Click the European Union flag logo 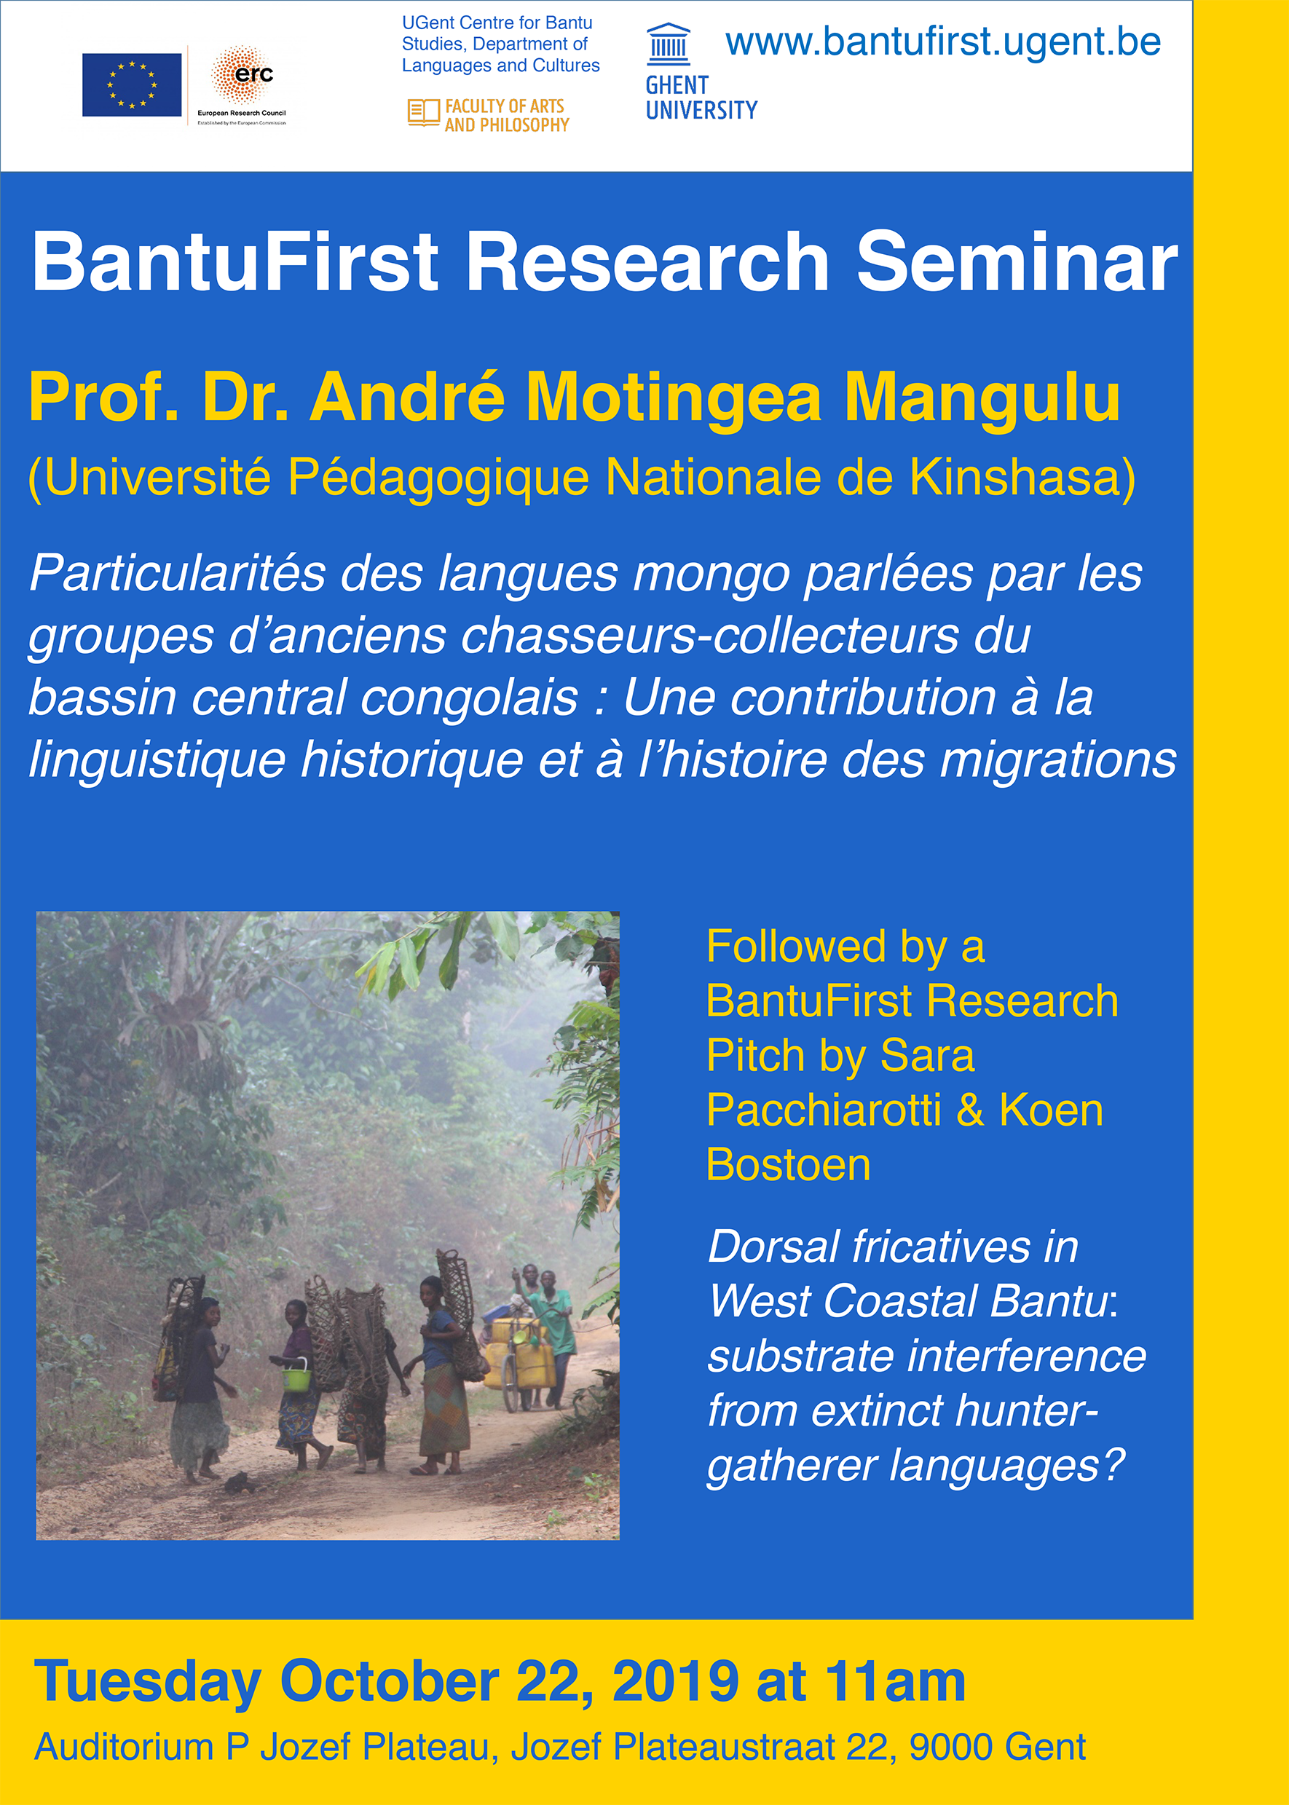point(132,85)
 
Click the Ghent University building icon point(669,44)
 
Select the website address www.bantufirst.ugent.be point(943,43)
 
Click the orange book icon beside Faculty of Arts point(423,113)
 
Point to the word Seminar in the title point(1017,262)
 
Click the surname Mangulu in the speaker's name point(982,397)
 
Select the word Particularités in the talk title point(178,574)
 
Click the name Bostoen point(788,1165)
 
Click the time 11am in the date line point(894,1681)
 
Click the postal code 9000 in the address point(947,1746)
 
